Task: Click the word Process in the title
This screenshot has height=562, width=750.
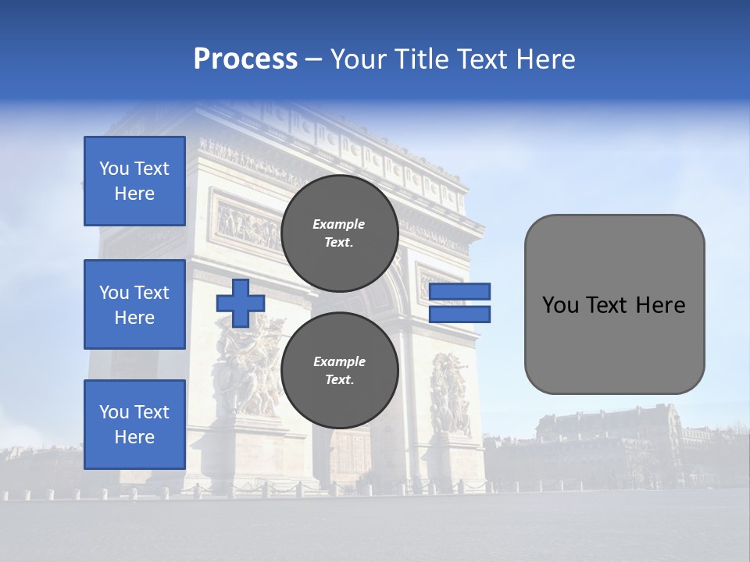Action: click(x=245, y=59)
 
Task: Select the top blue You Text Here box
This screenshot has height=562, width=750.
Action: click(x=134, y=181)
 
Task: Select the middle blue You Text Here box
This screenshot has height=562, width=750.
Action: click(x=134, y=304)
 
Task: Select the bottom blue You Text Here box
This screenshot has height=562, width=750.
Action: click(x=134, y=424)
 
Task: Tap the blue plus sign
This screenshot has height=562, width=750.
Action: click(x=241, y=303)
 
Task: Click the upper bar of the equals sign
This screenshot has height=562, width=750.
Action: click(x=460, y=292)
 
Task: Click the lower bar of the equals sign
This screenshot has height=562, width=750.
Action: click(x=460, y=314)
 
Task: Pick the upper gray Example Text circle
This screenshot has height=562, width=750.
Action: click(x=339, y=233)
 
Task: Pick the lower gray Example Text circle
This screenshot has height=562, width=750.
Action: click(x=339, y=371)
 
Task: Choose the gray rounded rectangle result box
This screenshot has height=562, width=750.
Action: click(x=614, y=304)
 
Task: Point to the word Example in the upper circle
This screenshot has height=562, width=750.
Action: click(x=339, y=224)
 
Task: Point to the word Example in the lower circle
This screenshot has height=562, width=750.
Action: click(x=339, y=361)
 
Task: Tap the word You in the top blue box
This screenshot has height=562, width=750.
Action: click(x=114, y=169)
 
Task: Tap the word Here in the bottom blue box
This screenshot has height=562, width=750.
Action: click(x=134, y=437)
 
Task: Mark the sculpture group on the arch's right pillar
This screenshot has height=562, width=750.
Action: click(x=450, y=394)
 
